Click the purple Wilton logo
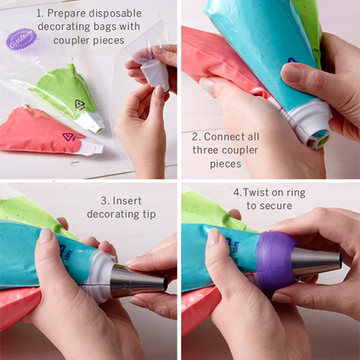coord(22,39)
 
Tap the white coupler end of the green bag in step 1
coord(92,122)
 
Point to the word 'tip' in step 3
coord(149,214)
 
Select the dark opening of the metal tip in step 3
coord(166,282)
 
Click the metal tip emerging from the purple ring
coord(317,262)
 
